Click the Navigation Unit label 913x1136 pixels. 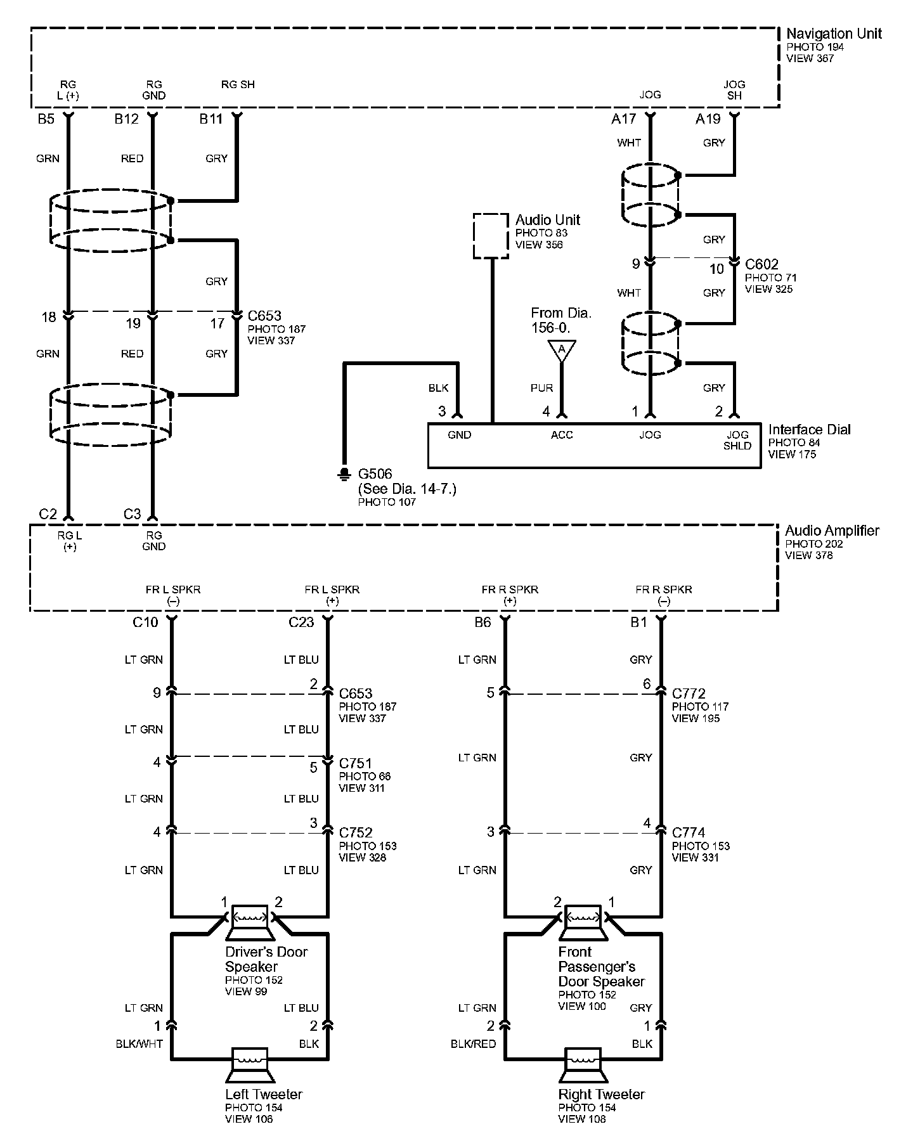[833, 34]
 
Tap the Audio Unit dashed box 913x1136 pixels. [491, 236]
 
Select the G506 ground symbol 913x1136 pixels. [344, 474]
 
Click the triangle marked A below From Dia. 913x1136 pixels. [561, 351]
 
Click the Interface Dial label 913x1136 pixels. [809, 430]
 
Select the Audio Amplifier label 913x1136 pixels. [832, 531]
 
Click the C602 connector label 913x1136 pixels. [761, 264]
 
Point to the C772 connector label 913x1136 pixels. [689, 694]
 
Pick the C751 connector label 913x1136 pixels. [356, 763]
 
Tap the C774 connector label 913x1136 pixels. [689, 832]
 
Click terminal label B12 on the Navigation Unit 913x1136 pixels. [126, 119]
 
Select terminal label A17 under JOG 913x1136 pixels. [623, 119]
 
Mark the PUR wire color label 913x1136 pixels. [541, 388]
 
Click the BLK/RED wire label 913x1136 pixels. [473, 1044]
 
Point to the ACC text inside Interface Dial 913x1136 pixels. [562, 435]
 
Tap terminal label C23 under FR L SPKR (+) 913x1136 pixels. [301, 623]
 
